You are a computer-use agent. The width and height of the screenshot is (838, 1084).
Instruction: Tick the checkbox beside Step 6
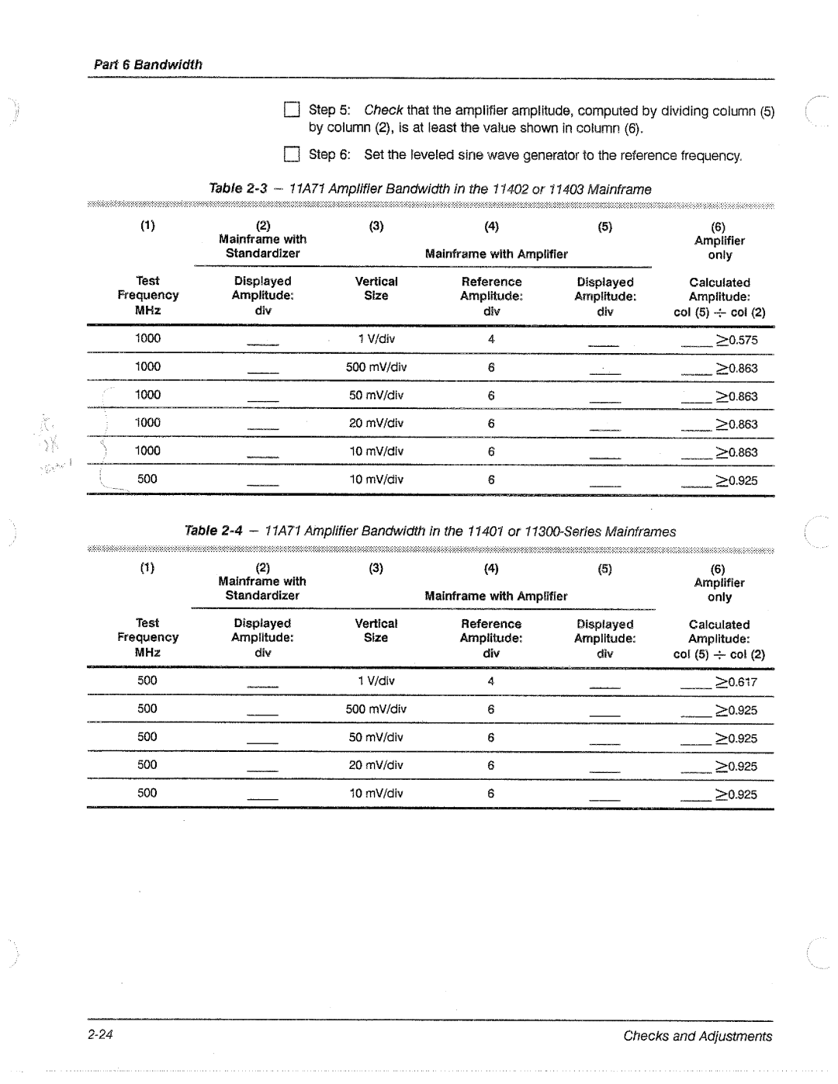point(292,154)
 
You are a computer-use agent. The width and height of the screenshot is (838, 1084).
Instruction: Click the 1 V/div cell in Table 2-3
point(376,339)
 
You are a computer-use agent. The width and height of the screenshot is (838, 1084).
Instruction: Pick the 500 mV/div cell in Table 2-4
point(376,709)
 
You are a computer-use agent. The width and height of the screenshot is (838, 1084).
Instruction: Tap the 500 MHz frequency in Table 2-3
point(147,479)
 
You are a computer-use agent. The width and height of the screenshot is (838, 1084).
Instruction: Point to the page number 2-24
point(101,1035)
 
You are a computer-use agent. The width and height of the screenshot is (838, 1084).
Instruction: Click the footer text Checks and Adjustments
point(698,1036)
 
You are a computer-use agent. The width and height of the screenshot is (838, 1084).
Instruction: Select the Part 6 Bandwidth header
point(147,64)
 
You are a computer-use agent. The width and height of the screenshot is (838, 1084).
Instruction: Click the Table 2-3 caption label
point(237,189)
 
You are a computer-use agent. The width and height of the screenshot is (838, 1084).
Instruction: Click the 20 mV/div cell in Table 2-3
point(376,423)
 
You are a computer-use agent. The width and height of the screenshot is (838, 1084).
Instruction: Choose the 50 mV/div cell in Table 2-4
point(376,737)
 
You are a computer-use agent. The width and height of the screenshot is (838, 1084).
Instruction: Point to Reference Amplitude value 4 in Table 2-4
point(491,681)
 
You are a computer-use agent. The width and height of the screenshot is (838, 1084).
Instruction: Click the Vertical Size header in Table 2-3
point(376,289)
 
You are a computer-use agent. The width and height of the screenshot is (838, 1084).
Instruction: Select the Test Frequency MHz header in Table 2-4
point(147,637)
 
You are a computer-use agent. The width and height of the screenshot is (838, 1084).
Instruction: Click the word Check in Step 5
point(383,110)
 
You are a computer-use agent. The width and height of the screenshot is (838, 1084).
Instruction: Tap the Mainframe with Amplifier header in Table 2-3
point(497,254)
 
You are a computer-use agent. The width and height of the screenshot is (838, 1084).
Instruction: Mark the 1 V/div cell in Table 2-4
point(376,681)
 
